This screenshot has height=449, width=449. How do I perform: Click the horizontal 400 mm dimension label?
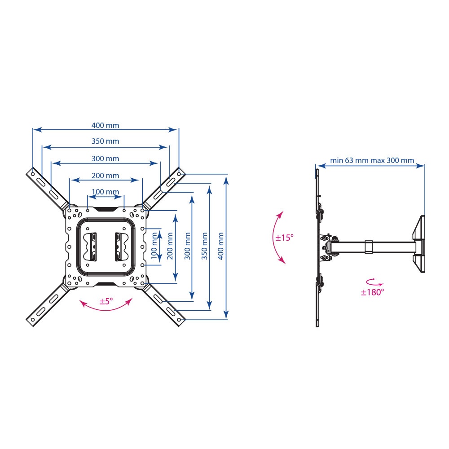click(105, 125)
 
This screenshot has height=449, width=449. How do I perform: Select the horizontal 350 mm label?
click(105, 141)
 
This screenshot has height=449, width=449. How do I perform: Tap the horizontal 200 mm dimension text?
click(105, 176)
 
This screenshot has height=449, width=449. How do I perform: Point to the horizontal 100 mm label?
click(105, 192)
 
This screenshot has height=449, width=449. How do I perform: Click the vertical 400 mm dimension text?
click(221, 246)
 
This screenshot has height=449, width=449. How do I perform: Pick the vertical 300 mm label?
click(187, 246)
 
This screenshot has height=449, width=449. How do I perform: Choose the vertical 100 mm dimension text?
click(154, 246)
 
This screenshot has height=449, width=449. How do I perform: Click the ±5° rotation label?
click(106, 301)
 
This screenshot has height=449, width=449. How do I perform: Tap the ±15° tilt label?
click(284, 238)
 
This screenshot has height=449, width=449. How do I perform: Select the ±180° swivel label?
click(372, 292)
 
